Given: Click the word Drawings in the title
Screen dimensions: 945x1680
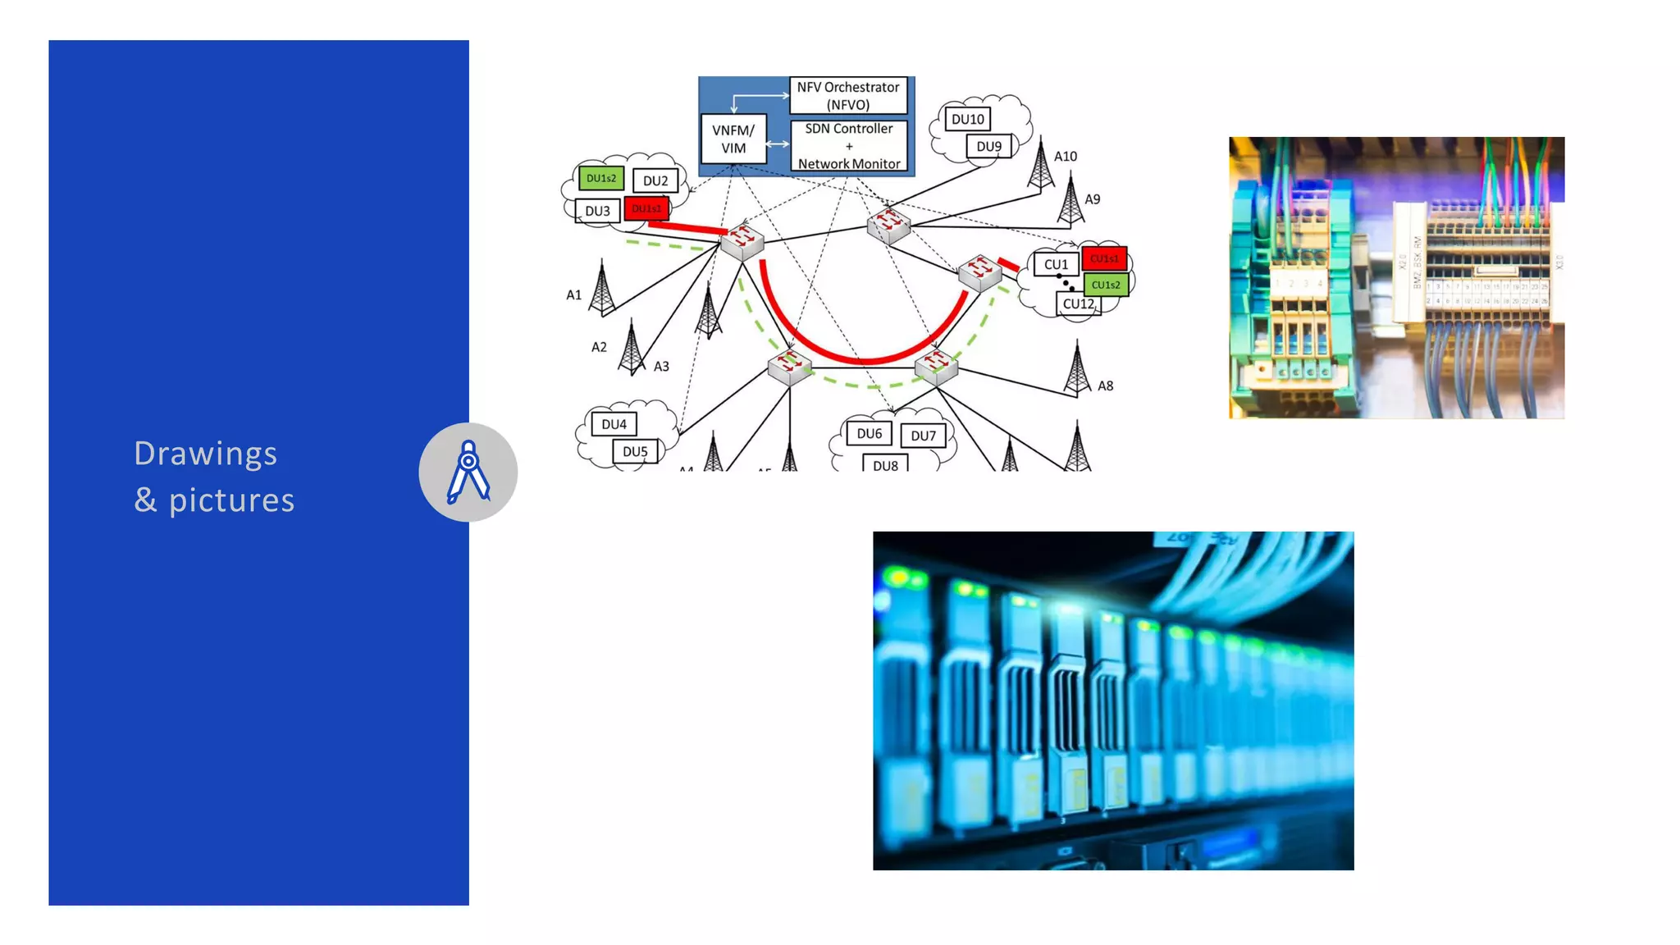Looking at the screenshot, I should (205, 454).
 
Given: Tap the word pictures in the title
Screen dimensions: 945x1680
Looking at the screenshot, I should (231, 500).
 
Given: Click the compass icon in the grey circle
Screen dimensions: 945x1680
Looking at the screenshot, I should (468, 472).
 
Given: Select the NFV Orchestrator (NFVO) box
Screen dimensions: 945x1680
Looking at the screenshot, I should (848, 96).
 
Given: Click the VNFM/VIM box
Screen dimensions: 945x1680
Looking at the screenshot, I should (733, 139).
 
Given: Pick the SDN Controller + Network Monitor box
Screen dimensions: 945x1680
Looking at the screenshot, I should (848, 146).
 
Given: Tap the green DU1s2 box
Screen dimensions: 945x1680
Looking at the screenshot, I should (600, 178).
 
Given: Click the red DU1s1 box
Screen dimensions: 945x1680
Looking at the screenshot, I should (646, 208).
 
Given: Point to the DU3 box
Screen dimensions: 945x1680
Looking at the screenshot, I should (597, 211).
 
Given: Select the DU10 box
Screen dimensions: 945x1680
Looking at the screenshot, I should (967, 119).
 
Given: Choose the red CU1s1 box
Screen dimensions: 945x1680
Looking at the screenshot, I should (1104, 258).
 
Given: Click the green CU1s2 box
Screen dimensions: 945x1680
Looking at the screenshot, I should (1105, 285).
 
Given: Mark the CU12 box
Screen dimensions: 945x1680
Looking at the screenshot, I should (1078, 304).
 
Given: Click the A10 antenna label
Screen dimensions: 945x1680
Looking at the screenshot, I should (1066, 156).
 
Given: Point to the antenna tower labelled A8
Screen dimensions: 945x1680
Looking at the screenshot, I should (1077, 371).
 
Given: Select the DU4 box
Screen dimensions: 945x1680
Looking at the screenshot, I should (614, 424).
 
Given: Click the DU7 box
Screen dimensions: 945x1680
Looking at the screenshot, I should (923, 436).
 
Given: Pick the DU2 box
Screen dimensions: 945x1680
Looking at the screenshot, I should (655, 180).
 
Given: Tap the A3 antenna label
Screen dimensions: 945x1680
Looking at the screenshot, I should (661, 367).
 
